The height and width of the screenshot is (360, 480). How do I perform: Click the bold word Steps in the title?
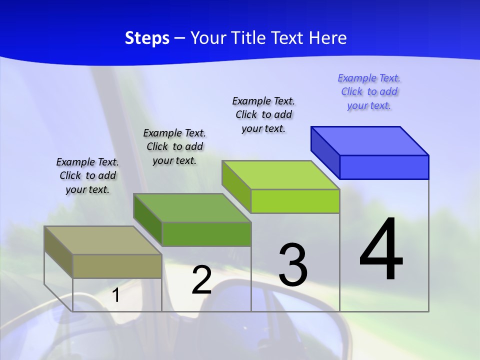click(x=147, y=38)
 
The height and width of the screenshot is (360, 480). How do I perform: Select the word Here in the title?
click(x=328, y=38)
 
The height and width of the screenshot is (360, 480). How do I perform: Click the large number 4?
click(x=381, y=250)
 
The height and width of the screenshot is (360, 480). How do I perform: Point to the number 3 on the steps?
click(x=293, y=265)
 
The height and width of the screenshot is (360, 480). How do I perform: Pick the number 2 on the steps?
click(x=201, y=280)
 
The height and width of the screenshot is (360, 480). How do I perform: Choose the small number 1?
click(x=115, y=295)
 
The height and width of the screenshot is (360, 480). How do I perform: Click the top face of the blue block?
click(x=370, y=140)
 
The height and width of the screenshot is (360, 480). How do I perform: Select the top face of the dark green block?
click(x=192, y=207)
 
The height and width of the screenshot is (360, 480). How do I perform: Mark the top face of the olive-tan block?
click(x=103, y=240)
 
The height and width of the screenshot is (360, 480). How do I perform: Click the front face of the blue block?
click(x=384, y=167)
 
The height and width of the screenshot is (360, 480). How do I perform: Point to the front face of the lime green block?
click(x=295, y=201)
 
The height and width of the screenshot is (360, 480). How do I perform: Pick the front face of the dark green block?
click(x=206, y=234)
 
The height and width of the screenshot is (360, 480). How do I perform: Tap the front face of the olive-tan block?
click(x=117, y=266)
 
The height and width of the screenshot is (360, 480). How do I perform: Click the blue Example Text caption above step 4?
click(x=369, y=91)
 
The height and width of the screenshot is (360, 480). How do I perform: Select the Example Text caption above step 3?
click(x=263, y=114)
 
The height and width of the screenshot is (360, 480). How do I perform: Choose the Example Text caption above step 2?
click(x=174, y=146)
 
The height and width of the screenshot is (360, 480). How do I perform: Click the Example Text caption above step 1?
click(x=87, y=175)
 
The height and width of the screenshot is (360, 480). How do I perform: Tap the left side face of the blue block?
click(x=325, y=150)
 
